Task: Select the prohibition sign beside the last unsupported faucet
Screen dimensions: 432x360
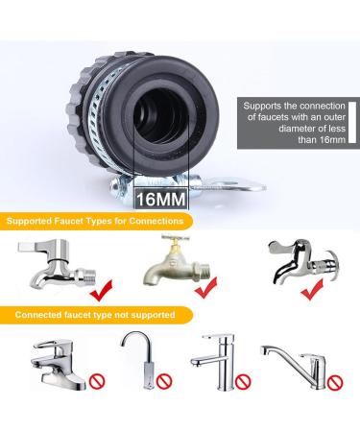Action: click(334, 382)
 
